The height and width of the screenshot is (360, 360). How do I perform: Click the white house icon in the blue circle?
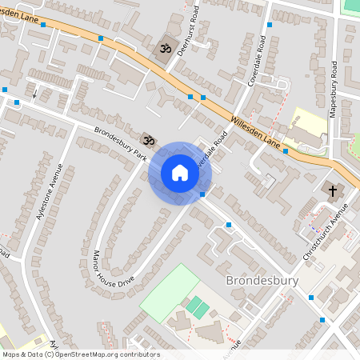tap(179, 173)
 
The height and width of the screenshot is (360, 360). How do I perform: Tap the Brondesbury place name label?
tap(263, 281)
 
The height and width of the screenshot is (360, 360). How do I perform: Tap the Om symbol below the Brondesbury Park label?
tap(147, 139)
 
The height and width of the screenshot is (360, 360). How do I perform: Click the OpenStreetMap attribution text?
tap(81, 354)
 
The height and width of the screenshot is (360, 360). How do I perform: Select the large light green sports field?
tap(170, 293)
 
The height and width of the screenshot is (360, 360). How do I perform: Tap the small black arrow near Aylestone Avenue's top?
tap(34, 93)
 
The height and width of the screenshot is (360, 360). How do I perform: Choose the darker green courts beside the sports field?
tap(195, 306)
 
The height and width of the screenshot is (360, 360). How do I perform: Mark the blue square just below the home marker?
tap(202, 194)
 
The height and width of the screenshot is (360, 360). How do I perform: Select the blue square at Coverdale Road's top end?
tap(268, 25)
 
